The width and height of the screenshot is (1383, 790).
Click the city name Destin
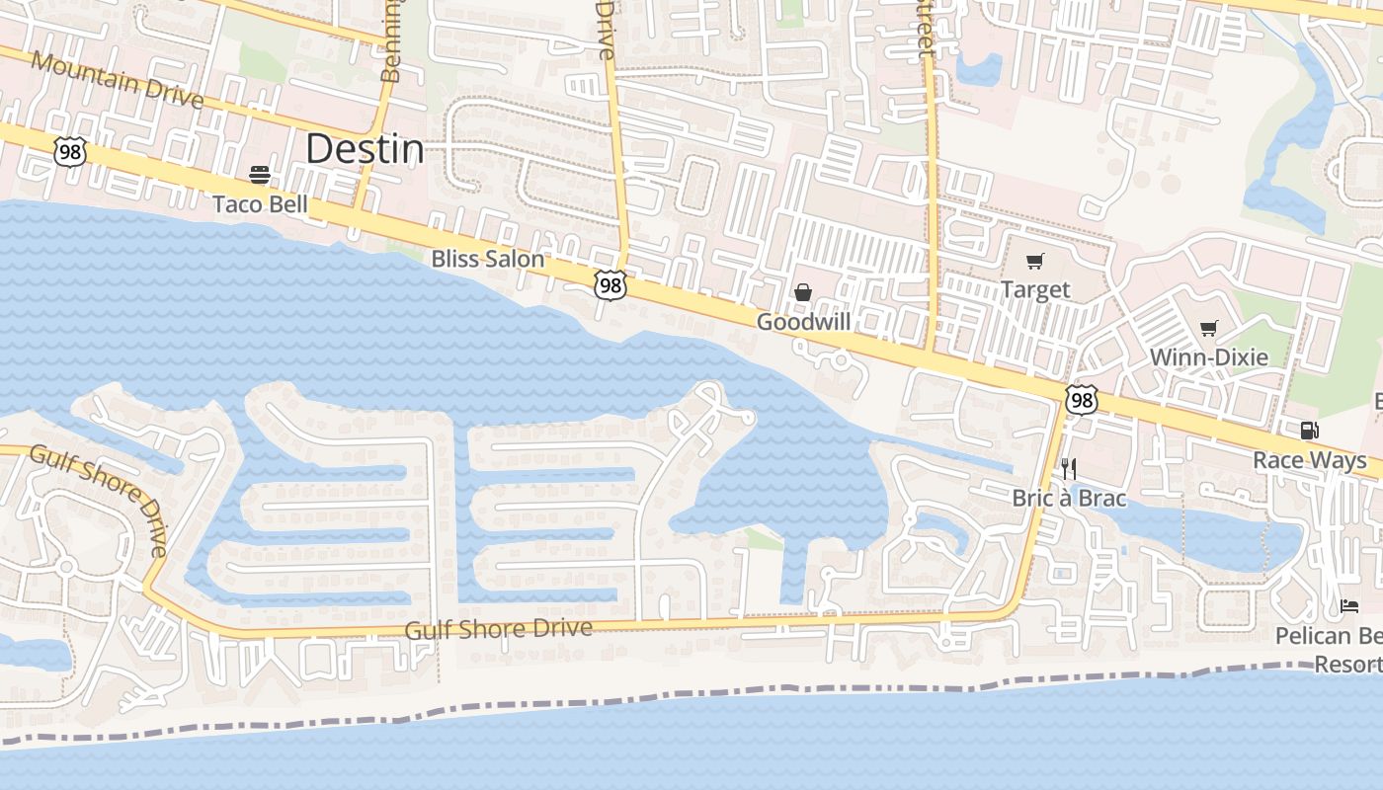(365, 149)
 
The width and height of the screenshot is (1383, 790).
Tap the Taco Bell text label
(261, 204)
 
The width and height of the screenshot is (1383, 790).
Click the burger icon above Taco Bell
(260, 176)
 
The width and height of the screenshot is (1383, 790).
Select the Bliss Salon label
(488, 259)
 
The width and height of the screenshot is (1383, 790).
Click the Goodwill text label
(803, 322)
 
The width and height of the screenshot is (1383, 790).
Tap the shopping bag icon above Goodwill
(803, 292)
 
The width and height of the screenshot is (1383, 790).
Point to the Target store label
(1035, 289)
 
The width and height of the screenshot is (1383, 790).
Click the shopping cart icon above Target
(1034, 262)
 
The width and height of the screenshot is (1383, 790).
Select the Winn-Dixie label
(1209, 356)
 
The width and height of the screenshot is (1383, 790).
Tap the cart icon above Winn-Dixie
(1209, 328)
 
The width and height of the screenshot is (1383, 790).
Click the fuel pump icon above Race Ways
(1309, 430)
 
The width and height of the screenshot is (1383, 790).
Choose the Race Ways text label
(1310, 460)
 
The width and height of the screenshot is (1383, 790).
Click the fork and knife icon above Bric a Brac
(1068, 468)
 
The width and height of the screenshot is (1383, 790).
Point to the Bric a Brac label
(1069, 498)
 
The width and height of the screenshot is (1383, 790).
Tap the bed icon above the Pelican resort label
(1349, 605)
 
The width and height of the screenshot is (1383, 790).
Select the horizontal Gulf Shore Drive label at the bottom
(499, 628)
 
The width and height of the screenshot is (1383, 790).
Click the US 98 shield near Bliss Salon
(610, 285)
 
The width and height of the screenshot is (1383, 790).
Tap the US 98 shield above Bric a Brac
(1082, 399)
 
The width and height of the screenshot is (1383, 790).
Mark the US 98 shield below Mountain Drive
(70, 151)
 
